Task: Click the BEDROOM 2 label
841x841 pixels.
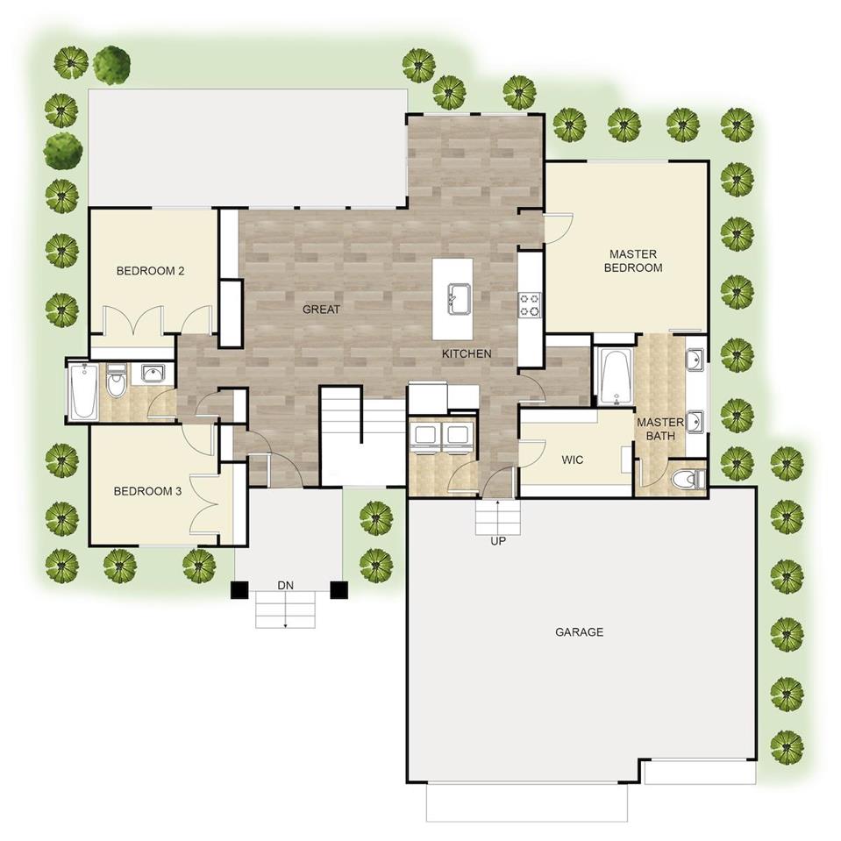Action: [150, 271]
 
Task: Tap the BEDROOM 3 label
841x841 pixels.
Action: [147, 491]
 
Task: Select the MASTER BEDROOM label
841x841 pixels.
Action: [633, 260]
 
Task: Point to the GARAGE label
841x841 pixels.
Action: [580, 632]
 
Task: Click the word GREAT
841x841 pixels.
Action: [321, 310]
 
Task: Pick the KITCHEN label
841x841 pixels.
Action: [467, 354]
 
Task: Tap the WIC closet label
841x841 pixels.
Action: [573, 460]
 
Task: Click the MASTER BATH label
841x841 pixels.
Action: [660, 429]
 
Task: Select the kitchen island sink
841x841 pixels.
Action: [460, 299]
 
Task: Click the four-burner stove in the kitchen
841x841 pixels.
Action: [529, 305]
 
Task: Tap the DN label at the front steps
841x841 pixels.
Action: [285, 586]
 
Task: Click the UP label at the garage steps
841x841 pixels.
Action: [498, 541]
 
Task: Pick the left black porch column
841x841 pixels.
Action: [239, 590]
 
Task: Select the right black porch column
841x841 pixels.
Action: [339, 590]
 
